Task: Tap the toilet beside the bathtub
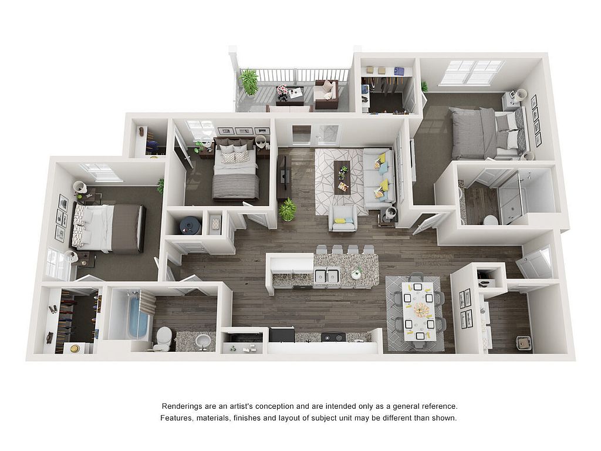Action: (x=164, y=338)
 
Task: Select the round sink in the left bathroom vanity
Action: (x=202, y=340)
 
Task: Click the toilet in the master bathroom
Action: (x=490, y=220)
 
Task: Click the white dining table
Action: (x=418, y=311)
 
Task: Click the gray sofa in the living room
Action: (x=379, y=179)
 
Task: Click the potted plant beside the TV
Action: (x=288, y=210)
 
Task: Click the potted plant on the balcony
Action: (x=249, y=81)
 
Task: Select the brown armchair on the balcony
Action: (x=326, y=93)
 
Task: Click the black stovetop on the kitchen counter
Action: (x=333, y=337)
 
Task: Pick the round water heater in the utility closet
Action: (x=191, y=225)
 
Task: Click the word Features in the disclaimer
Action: (x=176, y=418)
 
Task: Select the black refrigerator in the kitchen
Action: (x=282, y=335)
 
